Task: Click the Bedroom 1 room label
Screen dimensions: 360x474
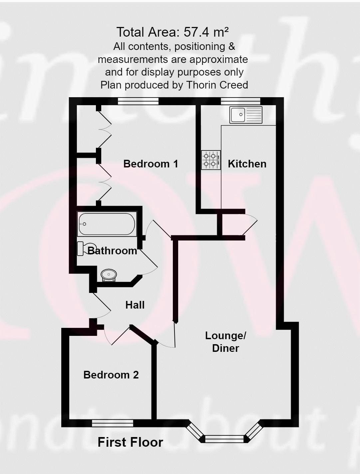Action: pos(151,164)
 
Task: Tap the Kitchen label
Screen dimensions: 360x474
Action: pos(247,164)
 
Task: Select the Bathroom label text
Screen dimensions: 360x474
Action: pos(112,251)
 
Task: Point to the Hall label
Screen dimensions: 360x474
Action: pos(135,305)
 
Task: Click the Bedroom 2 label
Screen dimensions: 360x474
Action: pos(111,375)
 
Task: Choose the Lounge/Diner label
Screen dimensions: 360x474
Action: pos(225,342)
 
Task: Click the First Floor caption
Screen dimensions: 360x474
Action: pos(130,442)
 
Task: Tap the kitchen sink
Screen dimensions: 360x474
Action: pos(246,115)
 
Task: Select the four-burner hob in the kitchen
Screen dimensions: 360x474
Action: pos(211,160)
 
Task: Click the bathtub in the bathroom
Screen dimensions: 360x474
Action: pos(107,224)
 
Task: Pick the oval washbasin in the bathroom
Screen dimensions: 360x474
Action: pos(109,275)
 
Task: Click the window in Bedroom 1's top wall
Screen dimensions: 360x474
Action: pos(138,101)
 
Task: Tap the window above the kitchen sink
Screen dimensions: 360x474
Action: pos(240,101)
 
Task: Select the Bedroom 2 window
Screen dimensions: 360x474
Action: pos(113,423)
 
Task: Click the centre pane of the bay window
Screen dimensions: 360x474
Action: pos(225,439)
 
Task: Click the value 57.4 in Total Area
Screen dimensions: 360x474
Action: pos(196,32)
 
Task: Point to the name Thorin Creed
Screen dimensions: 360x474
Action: pos(217,85)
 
